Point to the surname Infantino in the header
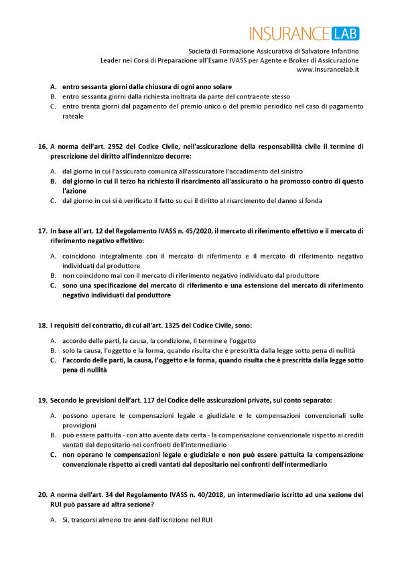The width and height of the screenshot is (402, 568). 340,50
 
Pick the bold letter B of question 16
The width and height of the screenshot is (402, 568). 53,181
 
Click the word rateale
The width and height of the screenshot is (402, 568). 73,116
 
